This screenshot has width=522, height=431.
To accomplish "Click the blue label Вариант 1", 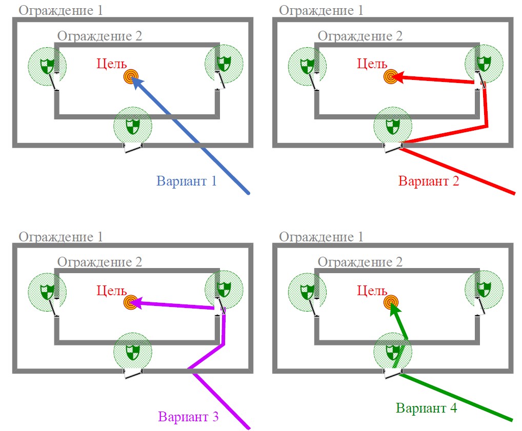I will tap(187, 181).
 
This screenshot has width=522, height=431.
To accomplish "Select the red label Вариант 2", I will tap(429, 181).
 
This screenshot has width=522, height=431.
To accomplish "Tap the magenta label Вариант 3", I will tap(189, 417).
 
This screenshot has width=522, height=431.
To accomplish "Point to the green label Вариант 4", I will tap(426, 408).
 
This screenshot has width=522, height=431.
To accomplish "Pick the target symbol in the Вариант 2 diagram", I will tap(391, 77).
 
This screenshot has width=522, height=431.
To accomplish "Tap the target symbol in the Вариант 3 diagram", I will tap(131, 302).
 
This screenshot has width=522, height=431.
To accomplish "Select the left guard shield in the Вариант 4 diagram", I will tap(307, 291).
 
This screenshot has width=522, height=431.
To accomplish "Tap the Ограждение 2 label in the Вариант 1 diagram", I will tap(99, 36).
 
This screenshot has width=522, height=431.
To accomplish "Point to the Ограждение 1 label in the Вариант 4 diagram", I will tap(320, 237).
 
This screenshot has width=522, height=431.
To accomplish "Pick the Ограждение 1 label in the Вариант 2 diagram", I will tap(320, 10).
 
